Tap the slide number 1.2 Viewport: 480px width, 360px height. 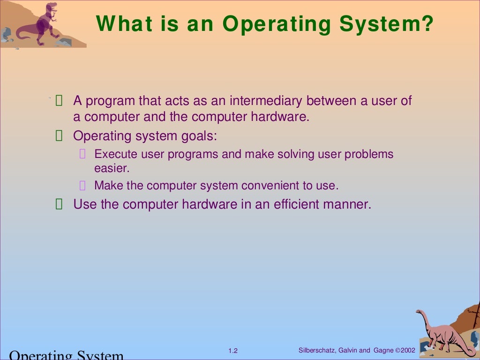pyautogui.click(x=233, y=351)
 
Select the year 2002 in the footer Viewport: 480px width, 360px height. pyautogui.click(x=408, y=350)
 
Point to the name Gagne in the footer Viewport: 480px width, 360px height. pyautogui.click(x=383, y=350)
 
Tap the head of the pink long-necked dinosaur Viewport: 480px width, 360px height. pyautogui.click(x=420, y=312)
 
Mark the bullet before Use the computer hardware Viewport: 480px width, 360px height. pyautogui.click(x=59, y=204)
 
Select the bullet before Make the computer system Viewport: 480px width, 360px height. pyautogui.click(x=82, y=186)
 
